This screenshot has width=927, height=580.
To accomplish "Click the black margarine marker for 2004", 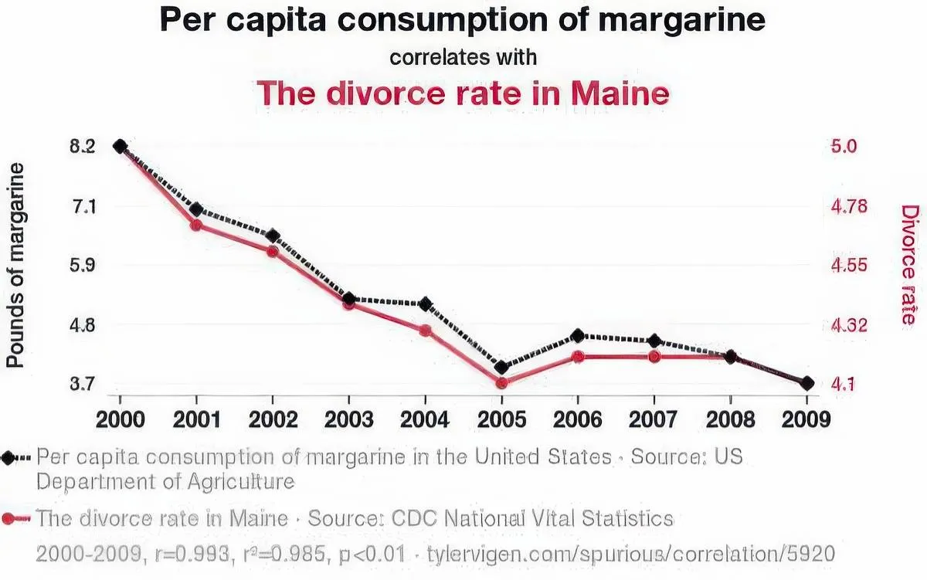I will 425,304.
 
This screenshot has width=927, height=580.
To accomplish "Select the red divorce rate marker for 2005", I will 501,383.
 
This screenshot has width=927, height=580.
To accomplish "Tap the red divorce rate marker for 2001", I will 196,226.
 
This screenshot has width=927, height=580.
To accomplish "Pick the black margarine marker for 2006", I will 577,336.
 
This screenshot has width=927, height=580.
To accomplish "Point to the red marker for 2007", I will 654,357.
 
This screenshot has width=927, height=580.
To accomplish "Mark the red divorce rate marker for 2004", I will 425,331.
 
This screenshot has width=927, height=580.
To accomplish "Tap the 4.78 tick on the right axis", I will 849,207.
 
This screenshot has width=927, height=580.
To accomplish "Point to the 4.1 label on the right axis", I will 845,384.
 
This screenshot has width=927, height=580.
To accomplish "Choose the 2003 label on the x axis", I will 349,419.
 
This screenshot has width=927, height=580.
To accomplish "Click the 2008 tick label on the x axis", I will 731,419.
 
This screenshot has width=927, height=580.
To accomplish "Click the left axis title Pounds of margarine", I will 15,266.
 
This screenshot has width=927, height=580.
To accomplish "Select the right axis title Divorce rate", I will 910,265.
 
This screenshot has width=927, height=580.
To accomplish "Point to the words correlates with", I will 463,58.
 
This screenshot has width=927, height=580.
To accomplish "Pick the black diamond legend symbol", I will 9,457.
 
